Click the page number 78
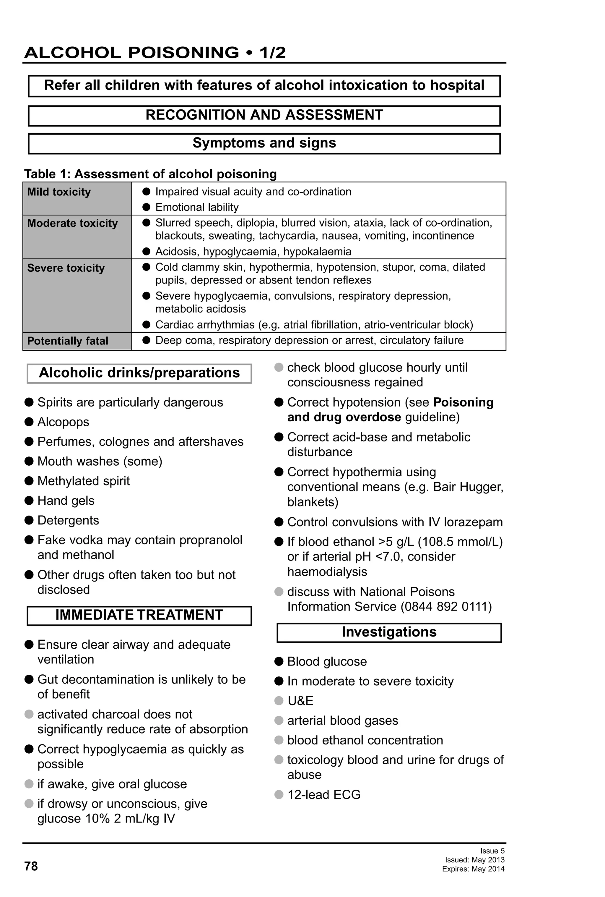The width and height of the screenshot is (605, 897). [x=31, y=866]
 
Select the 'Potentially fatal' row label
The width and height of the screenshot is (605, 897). [x=67, y=341]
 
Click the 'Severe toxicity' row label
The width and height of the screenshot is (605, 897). [x=66, y=268]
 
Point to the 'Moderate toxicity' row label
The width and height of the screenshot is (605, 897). [x=72, y=223]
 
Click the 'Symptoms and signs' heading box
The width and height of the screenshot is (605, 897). [x=264, y=143]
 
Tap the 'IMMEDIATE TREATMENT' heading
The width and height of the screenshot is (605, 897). [x=139, y=615]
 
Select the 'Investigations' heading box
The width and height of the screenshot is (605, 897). [x=389, y=632]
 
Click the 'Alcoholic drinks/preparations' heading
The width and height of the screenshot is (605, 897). [x=139, y=373]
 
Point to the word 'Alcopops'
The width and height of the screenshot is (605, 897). [x=63, y=422]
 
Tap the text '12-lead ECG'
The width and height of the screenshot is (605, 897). [x=324, y=794]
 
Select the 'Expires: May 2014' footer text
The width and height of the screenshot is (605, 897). [x=473, y=869]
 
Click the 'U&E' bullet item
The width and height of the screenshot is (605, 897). [x=300, y=700]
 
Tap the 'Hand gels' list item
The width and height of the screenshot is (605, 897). [x=66, y=501]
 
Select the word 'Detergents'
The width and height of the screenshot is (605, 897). [x=68, y=520]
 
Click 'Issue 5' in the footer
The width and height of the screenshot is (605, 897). [x=492, y=851]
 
